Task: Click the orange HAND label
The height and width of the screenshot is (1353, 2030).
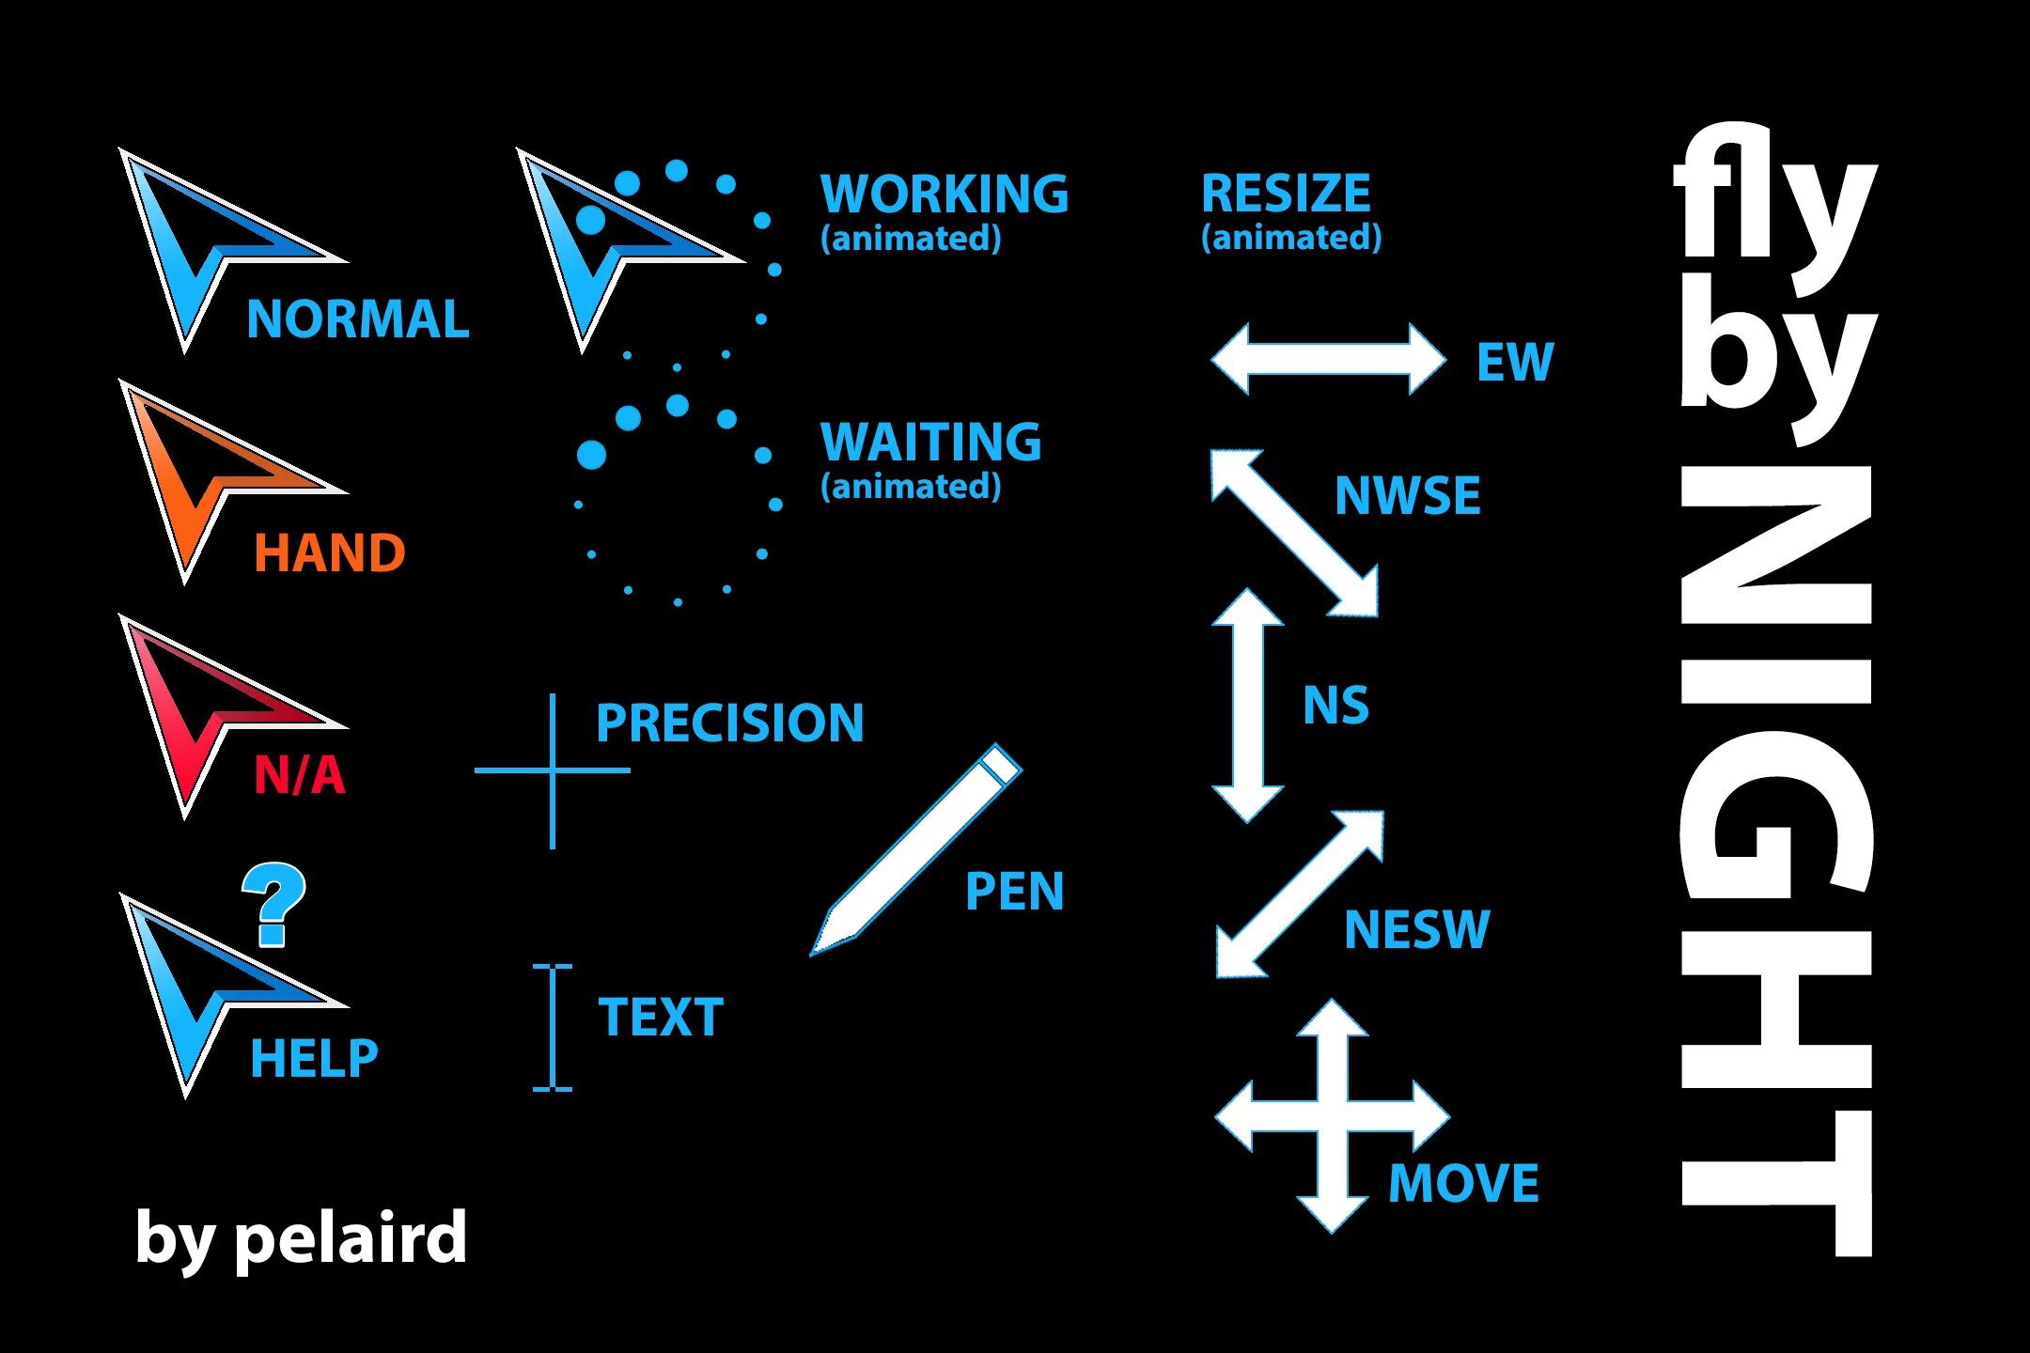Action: pyautogui.click(x=329, y=552)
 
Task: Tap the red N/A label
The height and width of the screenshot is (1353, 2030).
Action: pyautogui.click(x=300, y=776)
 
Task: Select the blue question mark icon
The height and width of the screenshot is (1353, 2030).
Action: pyautogui.click(x=273, y=904)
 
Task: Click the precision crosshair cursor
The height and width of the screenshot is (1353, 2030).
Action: pyautogui.click(x=553, y=770)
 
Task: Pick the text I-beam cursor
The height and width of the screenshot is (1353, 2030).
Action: pyautogui.click(x=553, y=1027)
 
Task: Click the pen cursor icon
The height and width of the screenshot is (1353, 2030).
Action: pyautogui.click(x=916, y=850)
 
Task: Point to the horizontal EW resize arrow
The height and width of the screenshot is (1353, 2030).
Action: pyautogui.click(x=1328, y=359)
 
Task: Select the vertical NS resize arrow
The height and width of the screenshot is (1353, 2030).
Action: pyautogui.click(x=1247, y=706)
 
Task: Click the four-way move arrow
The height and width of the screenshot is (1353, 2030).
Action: pyautogui.click(x=1332, y=1115)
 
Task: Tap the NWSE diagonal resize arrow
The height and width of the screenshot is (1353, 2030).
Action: pyautogui.click(x=1294, y=533)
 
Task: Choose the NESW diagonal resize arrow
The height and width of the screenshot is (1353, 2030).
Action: pyautogui.click(x=1300, y=894)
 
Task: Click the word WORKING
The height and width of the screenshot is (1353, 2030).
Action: pyautogui.click(x=945, y=194)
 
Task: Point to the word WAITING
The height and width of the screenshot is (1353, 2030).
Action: pyautogui.click(x=930, y=442)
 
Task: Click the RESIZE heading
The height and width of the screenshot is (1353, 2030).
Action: pyautogui.click(x=1286, y=194)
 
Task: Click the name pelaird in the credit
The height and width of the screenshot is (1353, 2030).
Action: pyautogui.click(x=350, y=1238)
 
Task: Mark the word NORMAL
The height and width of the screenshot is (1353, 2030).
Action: pyautogui.click(x=357, y=319)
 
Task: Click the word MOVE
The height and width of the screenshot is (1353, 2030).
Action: pyautogui.click(x=1463, y=1183)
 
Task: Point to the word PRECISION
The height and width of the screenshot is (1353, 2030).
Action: pyautogui.click(x=729, y=723)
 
